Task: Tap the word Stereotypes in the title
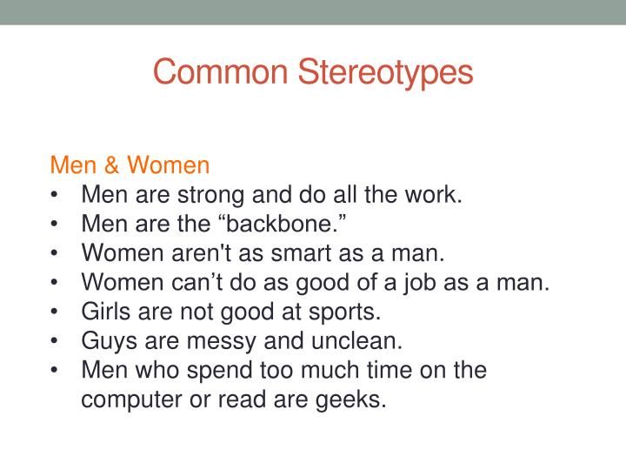coord(387,71)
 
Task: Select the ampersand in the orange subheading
coord(115,164)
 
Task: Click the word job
coord(414,283)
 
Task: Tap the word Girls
coord(102,312)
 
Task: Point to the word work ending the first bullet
coord(437,194)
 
